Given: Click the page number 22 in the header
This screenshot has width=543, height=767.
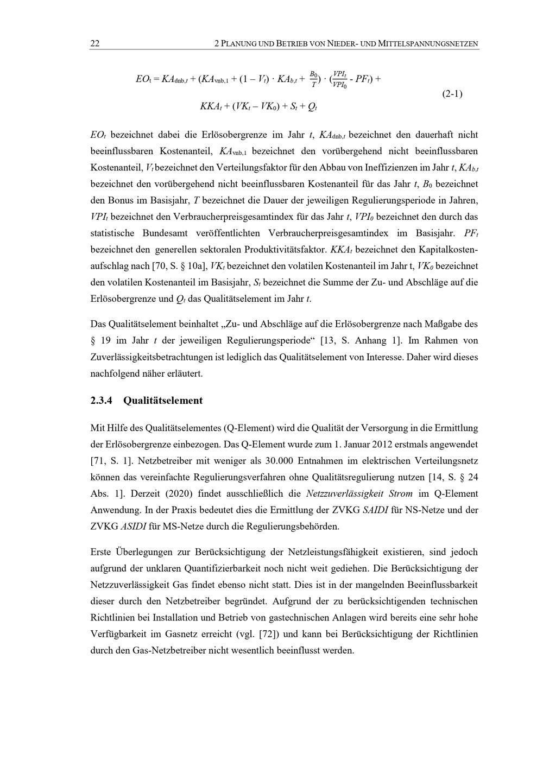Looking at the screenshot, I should (94, 44).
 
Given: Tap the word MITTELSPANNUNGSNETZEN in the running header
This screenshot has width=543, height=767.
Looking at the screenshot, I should (428, 44).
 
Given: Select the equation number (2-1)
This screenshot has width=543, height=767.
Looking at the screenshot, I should (452, 93).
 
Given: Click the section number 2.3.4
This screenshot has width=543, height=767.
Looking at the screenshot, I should (101, 401).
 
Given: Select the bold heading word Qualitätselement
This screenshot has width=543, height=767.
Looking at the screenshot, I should (163, 401).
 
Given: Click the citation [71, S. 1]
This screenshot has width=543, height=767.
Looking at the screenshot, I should (111, 461).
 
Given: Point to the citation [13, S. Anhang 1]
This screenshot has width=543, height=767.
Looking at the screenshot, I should (362, 341).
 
